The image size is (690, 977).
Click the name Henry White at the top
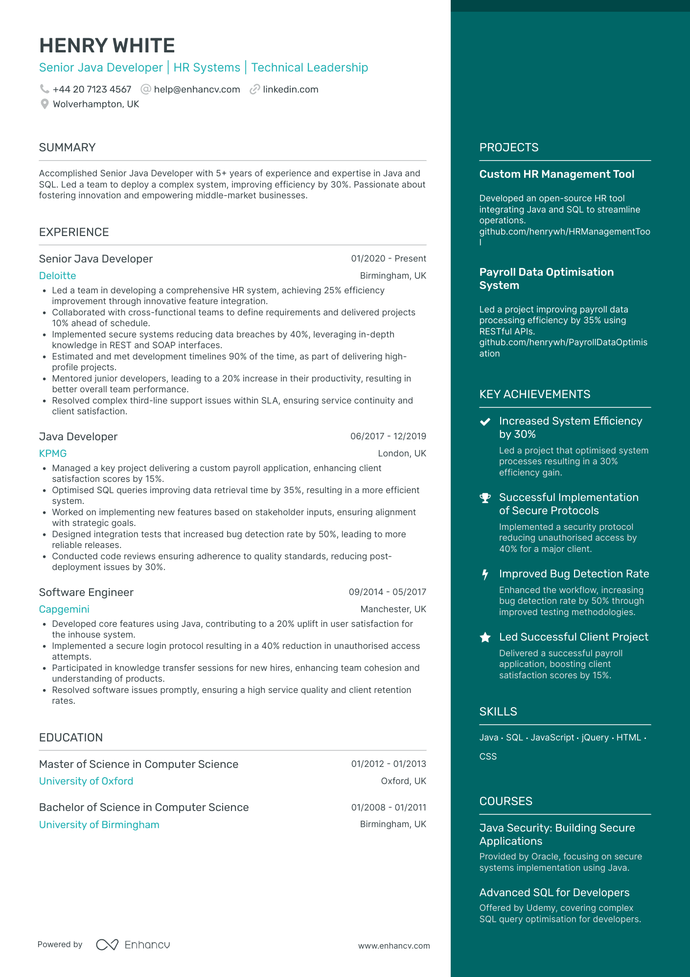[107, 46]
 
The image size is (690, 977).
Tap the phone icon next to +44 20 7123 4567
[45, 89]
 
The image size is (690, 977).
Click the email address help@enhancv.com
[197, 90]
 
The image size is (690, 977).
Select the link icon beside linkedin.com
[254, 90]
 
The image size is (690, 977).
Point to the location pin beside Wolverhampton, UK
[45, 104]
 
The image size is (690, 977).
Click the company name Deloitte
[57, 276]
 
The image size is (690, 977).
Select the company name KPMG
[53, 453]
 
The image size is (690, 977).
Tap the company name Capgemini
[64, 609]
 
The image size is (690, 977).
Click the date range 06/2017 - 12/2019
[388, 436]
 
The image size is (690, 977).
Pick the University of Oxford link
[86, 781]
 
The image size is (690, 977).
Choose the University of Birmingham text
[99, 825]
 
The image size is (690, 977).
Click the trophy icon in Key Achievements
[485, 498]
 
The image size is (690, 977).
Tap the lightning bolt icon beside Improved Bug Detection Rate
[485, 574]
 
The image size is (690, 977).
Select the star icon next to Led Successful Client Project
[485, 637]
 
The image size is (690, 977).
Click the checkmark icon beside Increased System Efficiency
[485, 422]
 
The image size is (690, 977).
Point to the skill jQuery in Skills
[595, 738]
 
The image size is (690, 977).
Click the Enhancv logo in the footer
[133, 945]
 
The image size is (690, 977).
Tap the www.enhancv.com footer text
[394, 946]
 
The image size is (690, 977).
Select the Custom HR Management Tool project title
[556, 174]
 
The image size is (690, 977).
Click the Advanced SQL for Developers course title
[554, 892]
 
